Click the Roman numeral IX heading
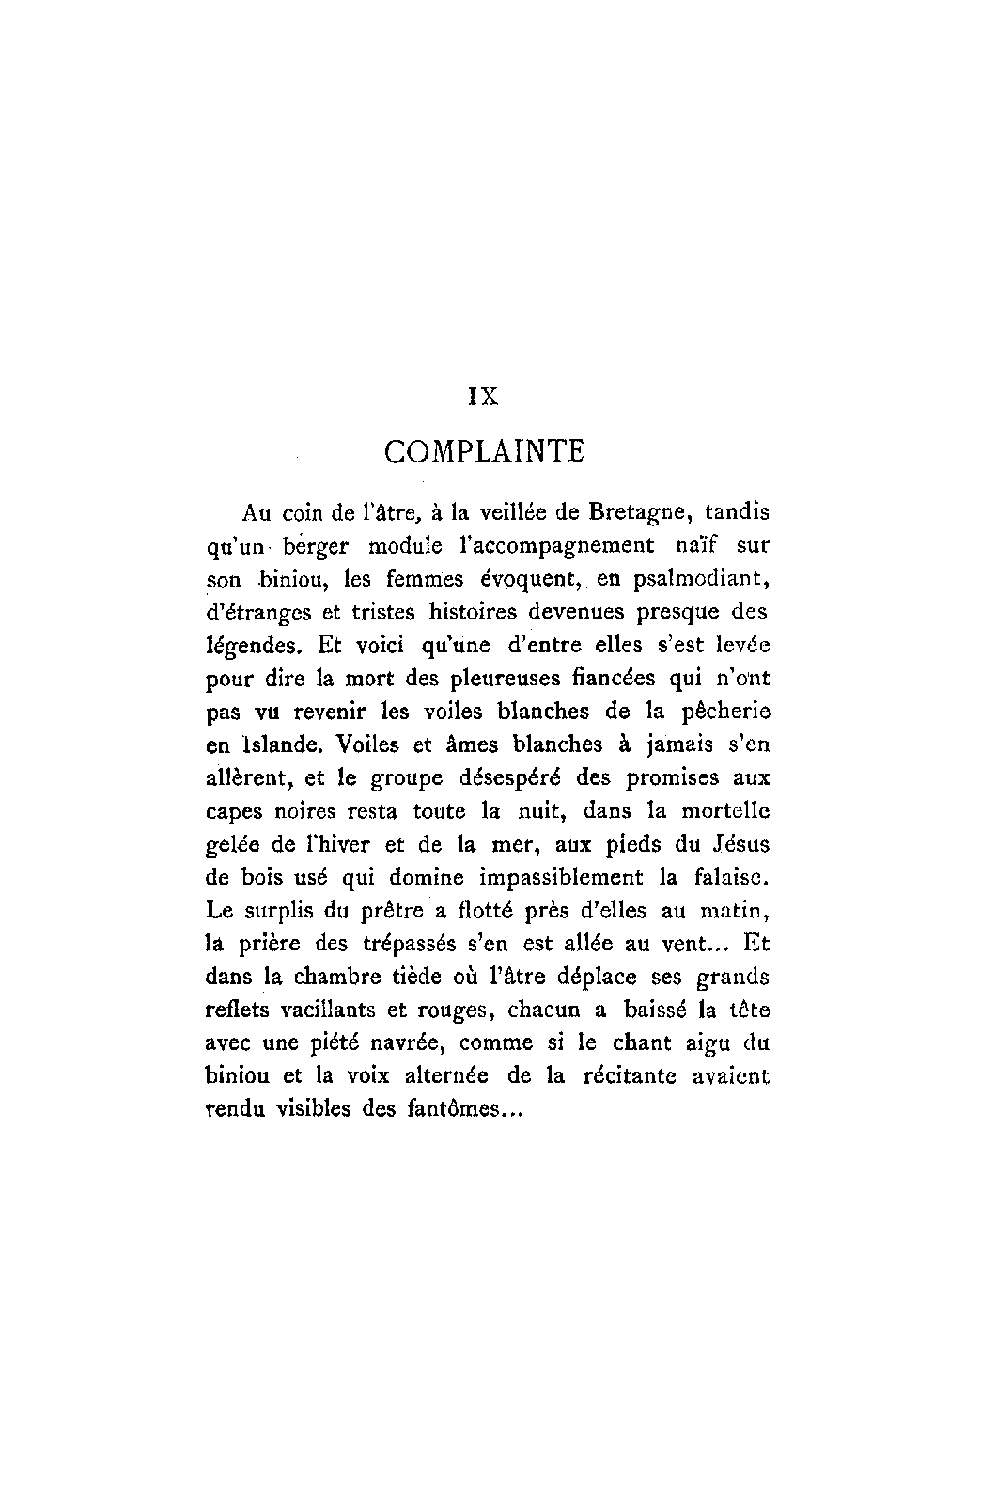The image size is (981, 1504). (483, 396)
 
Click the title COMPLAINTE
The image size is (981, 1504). (484, 452)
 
